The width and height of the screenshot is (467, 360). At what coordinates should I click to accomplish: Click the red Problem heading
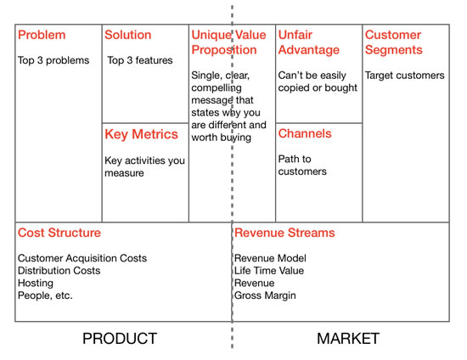42,35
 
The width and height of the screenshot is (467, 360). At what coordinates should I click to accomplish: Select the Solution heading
127,35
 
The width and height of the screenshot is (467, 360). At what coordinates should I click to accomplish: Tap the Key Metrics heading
141,134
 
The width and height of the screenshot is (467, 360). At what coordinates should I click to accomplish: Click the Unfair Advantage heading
308,42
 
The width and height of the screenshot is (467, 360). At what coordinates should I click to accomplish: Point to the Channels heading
305,133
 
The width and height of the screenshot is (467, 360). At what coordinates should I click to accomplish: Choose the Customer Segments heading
393,42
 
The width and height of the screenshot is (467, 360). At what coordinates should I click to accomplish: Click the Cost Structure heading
59,233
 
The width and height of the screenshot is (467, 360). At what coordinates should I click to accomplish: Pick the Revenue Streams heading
284,233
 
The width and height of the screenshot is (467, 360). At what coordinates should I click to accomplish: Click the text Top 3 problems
53,60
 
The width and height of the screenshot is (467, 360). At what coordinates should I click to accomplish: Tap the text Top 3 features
140,60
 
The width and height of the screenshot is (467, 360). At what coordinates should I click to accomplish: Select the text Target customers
405,76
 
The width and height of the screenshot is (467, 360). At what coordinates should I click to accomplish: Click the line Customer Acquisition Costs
82,258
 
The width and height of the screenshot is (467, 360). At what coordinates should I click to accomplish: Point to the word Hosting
36,284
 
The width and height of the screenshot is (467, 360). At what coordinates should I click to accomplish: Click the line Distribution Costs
59,271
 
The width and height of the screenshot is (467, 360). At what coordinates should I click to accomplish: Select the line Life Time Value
269,271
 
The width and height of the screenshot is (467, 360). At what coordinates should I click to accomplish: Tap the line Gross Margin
265,295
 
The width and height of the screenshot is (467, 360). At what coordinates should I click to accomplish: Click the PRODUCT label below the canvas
120,339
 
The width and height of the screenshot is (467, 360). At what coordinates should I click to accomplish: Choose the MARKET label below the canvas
348,339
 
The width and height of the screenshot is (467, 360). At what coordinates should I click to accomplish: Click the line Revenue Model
270,258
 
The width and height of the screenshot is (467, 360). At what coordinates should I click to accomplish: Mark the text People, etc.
45,295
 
